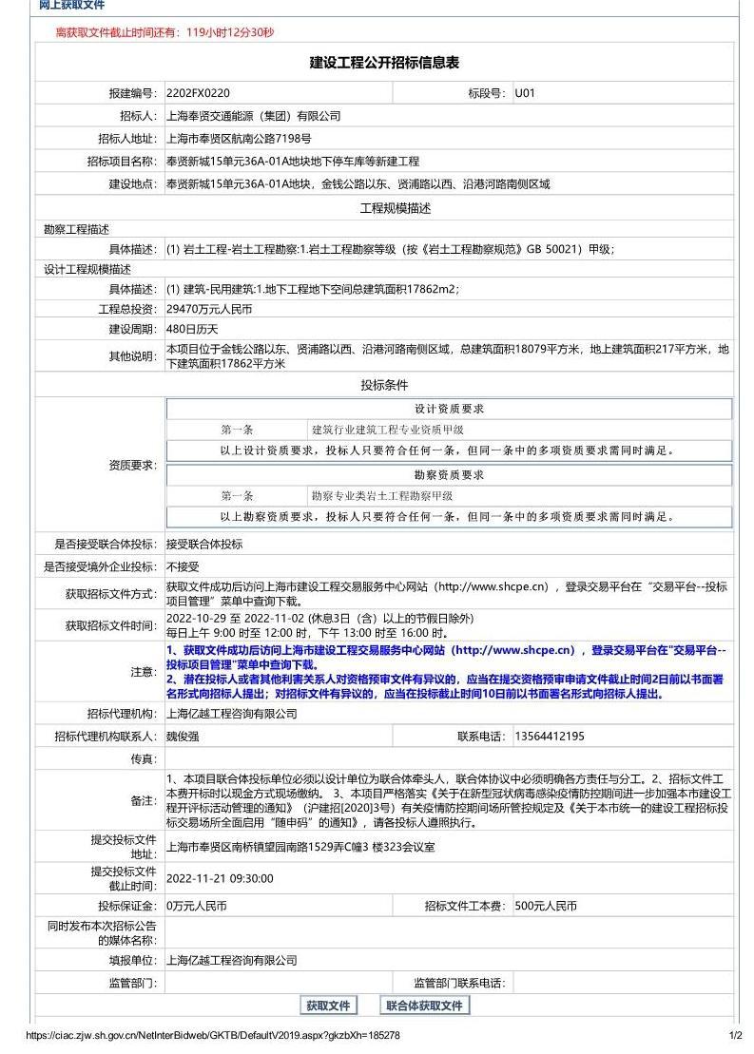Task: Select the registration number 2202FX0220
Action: point(198,93)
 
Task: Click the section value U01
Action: point(525,93)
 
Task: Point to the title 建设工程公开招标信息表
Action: point(384,63)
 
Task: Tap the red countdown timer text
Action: point(164,32)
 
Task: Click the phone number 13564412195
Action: point(550,737)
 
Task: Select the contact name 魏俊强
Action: point(184,737)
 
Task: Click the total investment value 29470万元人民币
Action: point(209,309)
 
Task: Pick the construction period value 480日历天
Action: point(192,329)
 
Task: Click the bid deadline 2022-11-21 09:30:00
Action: point(220,878)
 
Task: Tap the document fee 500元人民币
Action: point(546,906)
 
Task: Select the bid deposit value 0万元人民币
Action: point(197,906)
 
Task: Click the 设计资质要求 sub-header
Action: point(449,410)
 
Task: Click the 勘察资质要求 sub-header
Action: point(449,475)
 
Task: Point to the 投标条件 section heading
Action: point(384,385)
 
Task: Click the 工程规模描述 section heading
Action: point(395,208)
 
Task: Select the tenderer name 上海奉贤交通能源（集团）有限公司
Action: point(253,116)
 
